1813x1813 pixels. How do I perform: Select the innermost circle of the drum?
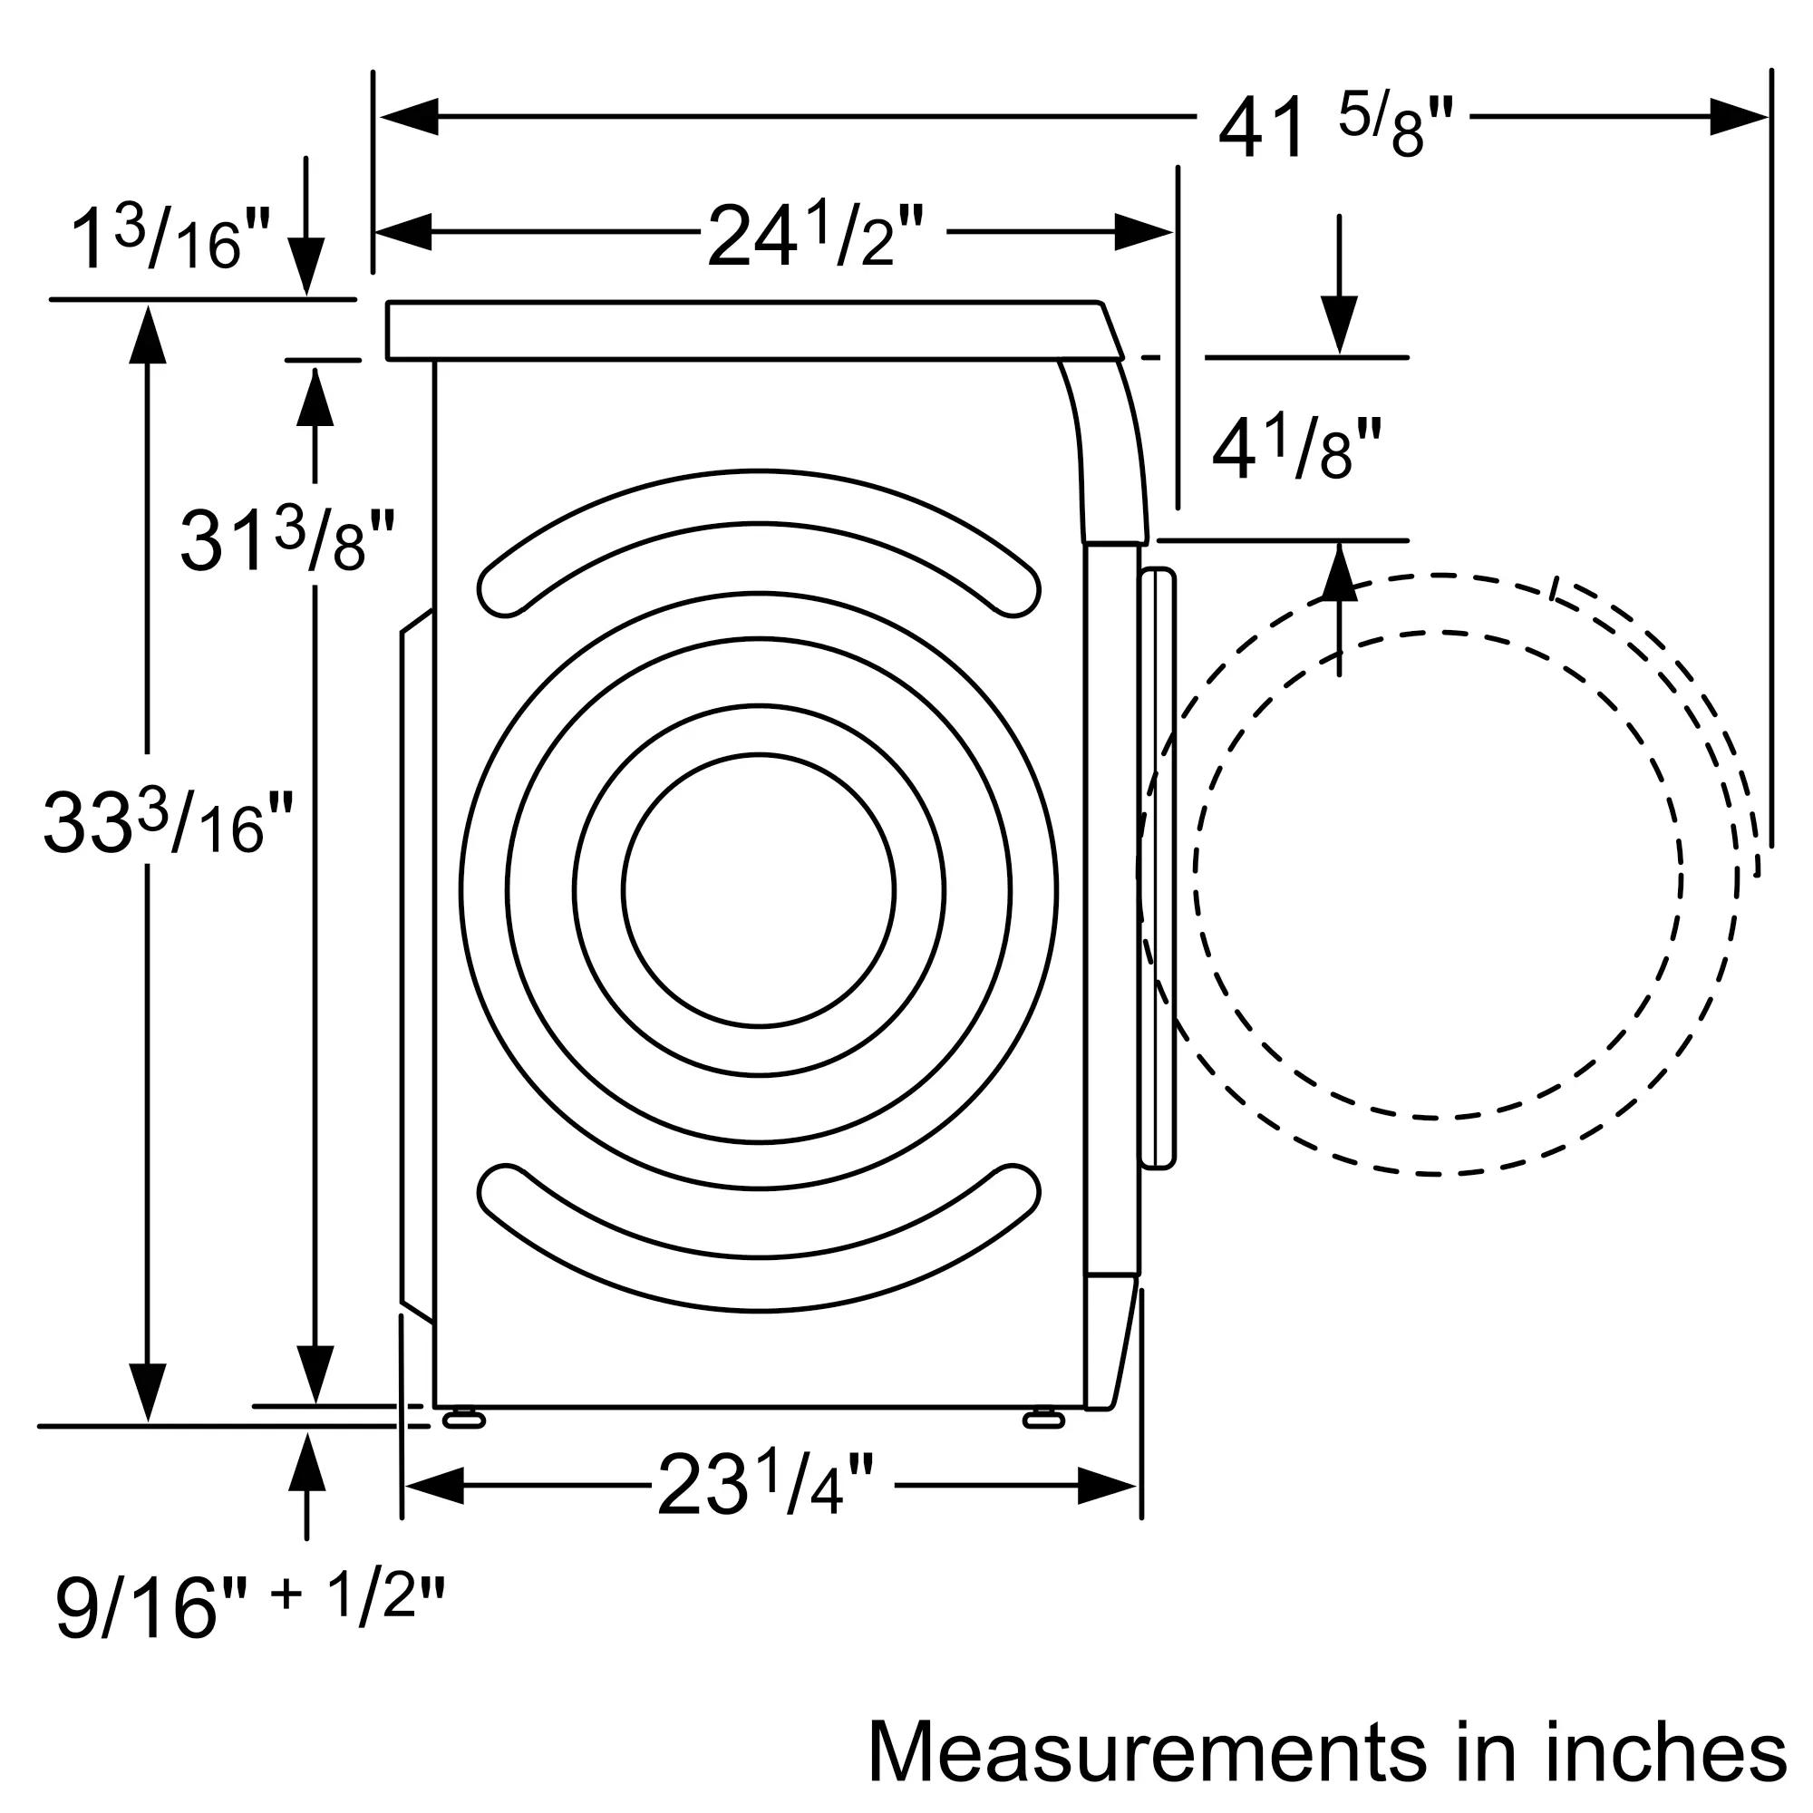coord(758,890)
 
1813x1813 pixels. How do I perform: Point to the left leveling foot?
coord(462,1420)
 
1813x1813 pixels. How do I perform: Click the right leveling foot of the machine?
coord(1042,1420)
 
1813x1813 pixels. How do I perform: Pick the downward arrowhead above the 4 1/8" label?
coord(1339,324)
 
